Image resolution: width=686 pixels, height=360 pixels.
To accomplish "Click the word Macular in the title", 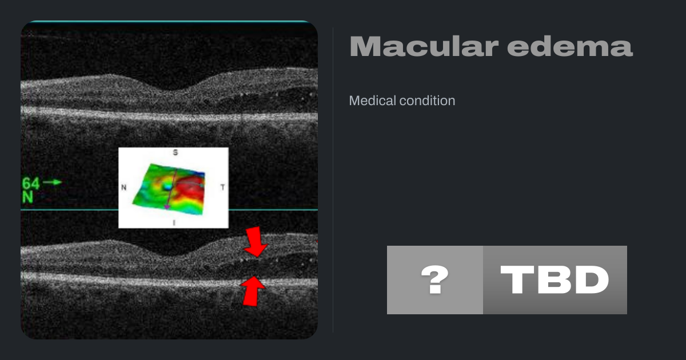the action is [424, 46].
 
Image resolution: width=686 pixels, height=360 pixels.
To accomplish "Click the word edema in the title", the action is [570, 46].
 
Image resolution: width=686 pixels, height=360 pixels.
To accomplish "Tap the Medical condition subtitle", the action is [402, 101].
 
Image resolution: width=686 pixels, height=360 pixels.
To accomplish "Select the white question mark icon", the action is [435, 279].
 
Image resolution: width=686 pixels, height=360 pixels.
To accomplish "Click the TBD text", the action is [555, 280].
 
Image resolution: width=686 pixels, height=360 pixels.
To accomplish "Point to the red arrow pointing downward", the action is [256, 242].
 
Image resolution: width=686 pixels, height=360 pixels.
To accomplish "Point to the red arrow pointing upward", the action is [253, 291].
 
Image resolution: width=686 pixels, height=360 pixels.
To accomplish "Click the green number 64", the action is [31, 183].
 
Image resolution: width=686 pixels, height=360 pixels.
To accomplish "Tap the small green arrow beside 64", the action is [52, 182].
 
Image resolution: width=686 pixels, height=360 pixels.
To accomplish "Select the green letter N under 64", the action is [27, 198].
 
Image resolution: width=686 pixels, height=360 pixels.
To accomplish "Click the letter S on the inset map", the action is [175, 153].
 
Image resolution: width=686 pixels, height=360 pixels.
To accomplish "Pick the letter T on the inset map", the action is [222, 187].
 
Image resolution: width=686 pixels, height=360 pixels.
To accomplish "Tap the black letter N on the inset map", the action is [123, 187].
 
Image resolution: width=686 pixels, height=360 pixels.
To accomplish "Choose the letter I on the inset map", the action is [174, 223].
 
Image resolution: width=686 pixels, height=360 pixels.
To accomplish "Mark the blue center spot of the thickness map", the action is [167, 186].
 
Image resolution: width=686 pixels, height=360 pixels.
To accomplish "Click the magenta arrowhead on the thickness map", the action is [166, 207].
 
